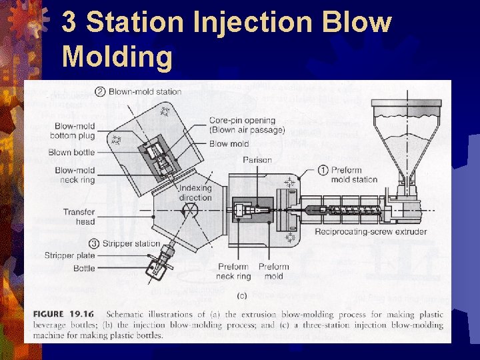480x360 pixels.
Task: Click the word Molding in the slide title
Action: tap(117, 56)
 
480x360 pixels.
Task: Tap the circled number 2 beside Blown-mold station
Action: tap(100, 92)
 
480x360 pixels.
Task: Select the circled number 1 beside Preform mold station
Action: tap(323, 170)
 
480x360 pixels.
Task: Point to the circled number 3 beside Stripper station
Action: tap(94, 244)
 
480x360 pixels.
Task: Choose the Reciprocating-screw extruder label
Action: tap(371, 232)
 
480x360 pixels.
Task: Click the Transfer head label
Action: tap(79, 217)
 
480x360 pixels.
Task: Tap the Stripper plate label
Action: tap(70, 255)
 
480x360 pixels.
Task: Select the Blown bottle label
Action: tap(71, 152)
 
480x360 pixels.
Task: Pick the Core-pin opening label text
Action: tap(243, 121)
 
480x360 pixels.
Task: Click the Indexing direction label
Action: tap(195, 193)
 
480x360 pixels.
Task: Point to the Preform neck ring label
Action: tap(233, 271)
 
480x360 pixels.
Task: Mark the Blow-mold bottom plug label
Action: tap(73, 131)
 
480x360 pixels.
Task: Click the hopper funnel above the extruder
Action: tap(407, 141)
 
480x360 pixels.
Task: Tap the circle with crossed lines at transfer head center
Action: tap(190, 210)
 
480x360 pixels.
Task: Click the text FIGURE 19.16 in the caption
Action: tap(63, 315)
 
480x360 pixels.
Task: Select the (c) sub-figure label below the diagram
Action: tap(242, 296)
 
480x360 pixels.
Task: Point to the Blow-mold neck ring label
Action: tap(75, 175)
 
